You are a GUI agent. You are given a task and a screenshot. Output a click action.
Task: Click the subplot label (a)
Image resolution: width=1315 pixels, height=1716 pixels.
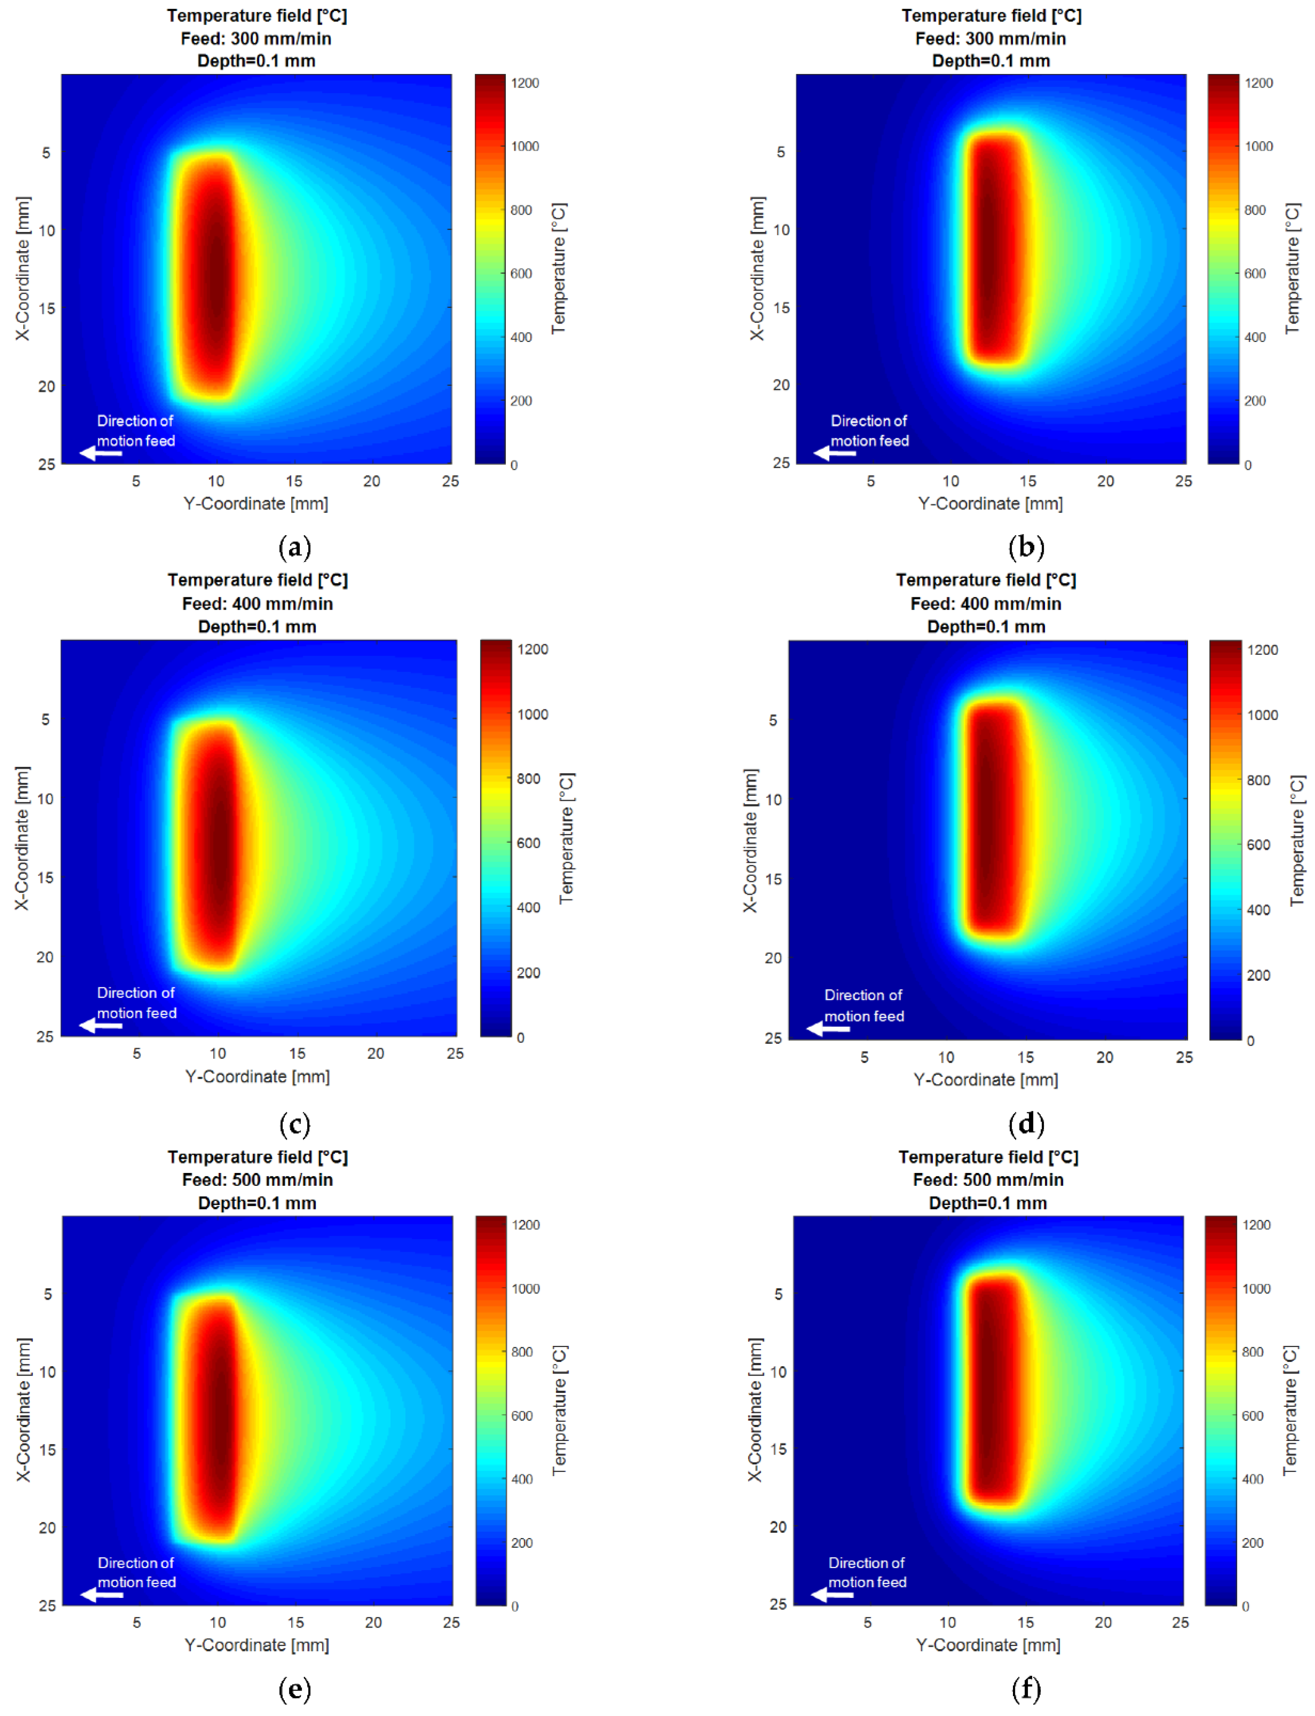point(295,547)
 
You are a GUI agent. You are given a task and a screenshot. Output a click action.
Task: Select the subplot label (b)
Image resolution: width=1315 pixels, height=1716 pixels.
point(1026,547)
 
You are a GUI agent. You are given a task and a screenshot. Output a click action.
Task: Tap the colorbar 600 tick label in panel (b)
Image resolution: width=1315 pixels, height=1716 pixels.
point(1255,273)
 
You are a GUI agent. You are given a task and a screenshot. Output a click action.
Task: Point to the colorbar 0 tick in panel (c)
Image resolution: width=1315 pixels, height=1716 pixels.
point(520,1038)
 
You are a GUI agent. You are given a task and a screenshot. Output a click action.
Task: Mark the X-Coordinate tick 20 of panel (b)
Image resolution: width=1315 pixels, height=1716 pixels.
point(781,385)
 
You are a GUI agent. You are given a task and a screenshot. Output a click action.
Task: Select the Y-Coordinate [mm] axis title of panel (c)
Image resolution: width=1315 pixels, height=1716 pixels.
point(257,1077)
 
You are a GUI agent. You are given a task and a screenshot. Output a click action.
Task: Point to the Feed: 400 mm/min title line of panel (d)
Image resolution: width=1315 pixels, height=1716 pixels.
point(986,603)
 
